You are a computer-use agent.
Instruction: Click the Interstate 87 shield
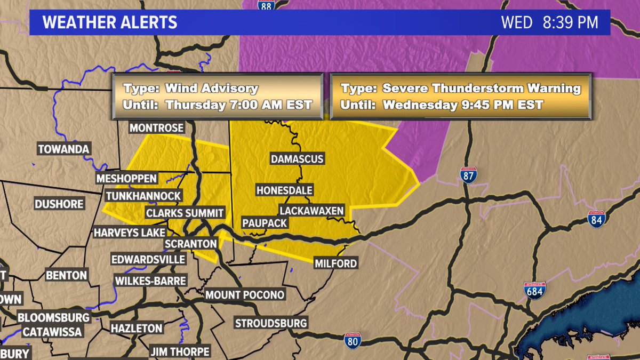468,175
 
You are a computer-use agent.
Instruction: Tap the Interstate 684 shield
534,291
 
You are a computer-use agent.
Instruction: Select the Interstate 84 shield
596,219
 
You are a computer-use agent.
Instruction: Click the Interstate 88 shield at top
266,5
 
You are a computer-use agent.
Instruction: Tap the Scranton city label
190,244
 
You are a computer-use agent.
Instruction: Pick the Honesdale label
284,190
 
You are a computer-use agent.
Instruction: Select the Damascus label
297,159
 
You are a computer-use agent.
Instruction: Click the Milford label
335,263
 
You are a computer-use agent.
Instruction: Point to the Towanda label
63,149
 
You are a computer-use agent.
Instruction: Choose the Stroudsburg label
271,323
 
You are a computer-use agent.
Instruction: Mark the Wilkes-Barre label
150,281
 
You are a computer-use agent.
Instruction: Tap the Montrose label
157,128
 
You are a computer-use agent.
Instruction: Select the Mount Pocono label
245,295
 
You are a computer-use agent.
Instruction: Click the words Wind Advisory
212,89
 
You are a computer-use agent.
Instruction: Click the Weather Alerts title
110,23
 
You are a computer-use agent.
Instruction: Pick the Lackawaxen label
311,211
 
